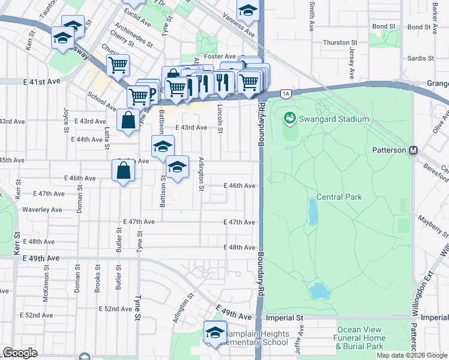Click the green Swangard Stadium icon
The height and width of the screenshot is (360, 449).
[290, 118]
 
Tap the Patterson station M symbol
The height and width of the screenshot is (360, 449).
[414, 150]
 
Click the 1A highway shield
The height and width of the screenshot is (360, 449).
[286, 93]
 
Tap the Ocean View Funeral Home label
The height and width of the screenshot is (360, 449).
[360, 338]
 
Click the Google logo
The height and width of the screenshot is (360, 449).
[20, 353]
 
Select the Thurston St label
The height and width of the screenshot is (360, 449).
[340, 43]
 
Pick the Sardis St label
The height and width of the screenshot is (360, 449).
[420, 58]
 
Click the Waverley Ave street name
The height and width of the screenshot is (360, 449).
[42, 210]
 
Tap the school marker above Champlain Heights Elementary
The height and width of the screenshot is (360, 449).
[215, 332]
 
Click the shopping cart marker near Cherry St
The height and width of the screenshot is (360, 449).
[118, 64]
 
